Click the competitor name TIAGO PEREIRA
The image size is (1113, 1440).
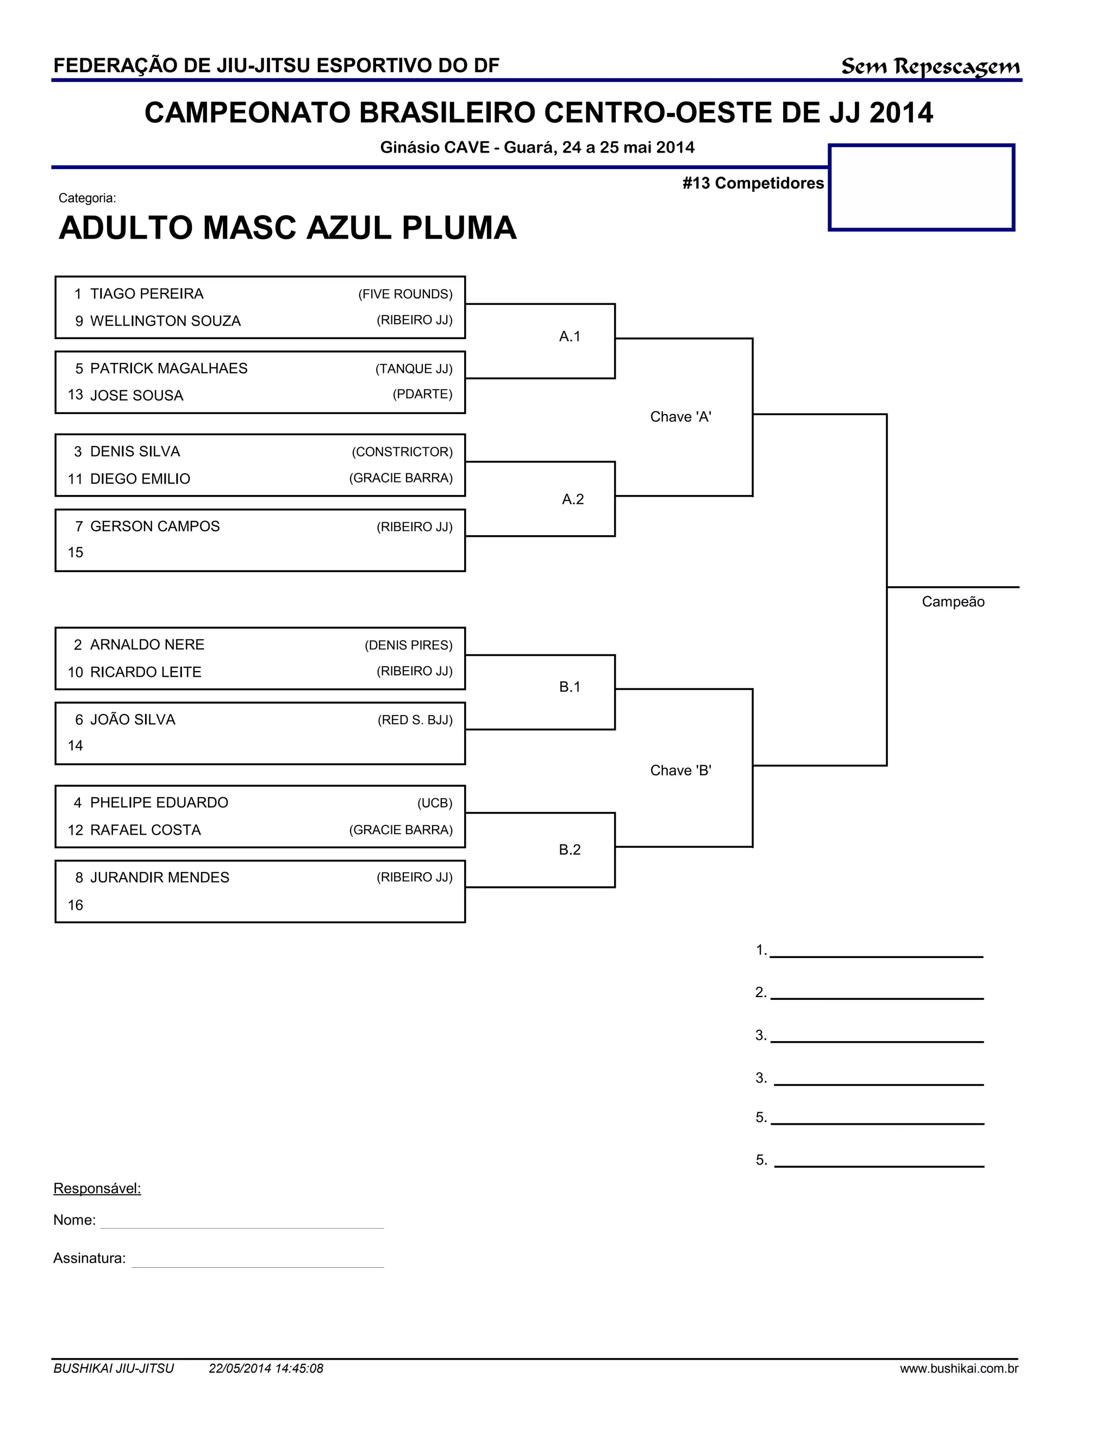pyautogui.click(x=146, y=293)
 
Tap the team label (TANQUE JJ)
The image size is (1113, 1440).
pyautogui.click(x=414, y=368)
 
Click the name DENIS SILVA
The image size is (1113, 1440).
pyautogui.click(x=135, y=452)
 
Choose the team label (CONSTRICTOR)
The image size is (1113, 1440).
pyautogui.click(x=402, y=452)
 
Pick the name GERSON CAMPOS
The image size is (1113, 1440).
pyautogui.click(x=154, y=526)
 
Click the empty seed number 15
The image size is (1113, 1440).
pyautogui.click(x=75, y=553)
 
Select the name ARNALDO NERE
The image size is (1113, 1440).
pyautogui.click(x=147, y=645)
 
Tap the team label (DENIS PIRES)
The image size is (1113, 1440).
pyautogui.click(x=408, y=645)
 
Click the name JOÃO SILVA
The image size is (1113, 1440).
pyautogui.click(x=133, y=719)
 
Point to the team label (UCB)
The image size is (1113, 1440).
pyautogui.click(x=435, y=803)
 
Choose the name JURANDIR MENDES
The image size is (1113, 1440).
pyautogui.click(x=160, y=878)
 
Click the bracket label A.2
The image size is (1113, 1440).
pyautogui.click(x=572, y=499)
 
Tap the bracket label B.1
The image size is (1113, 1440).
pyautogui.click(x=570, y=687)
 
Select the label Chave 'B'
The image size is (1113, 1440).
pyautogui.click(x=680, y=770)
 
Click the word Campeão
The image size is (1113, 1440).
pyautogui.click(x=953, y=602)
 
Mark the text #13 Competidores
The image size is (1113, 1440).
pyautogui.click(x=753, y=183)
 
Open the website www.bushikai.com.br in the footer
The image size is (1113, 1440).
pyautogui.click(x=959, y=1368)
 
